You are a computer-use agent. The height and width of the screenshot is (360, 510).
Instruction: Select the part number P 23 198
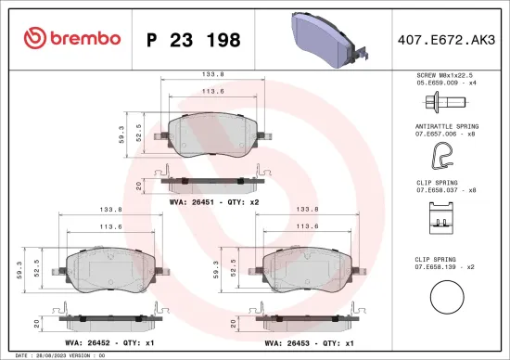point(194,40)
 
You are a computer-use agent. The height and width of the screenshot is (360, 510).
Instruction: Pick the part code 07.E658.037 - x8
point(446,189)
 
